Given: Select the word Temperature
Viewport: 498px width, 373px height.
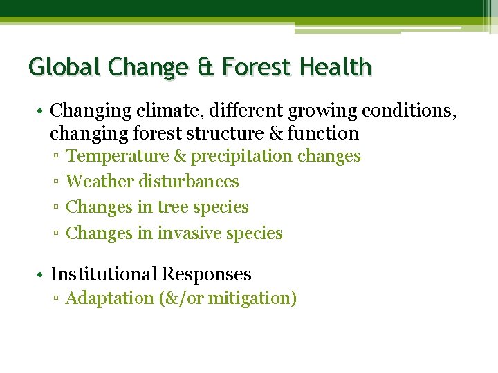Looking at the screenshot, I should (117, 156).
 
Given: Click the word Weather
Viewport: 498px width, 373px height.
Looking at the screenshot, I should (100, 182).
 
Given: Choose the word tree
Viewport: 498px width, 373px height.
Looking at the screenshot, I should (172, 207).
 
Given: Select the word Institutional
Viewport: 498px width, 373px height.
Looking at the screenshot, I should (103, 274).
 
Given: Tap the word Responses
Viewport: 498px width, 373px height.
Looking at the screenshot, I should (206, 274).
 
